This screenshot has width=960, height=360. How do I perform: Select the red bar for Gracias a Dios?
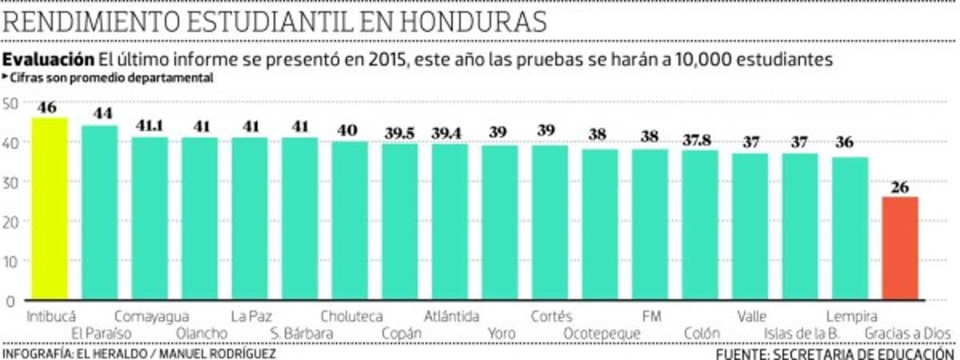tap(900, 249)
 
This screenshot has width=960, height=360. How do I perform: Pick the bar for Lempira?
tap(850, 229)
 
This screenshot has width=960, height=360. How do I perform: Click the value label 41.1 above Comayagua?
tap(150, 126)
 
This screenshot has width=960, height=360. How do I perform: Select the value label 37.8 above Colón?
tap(700, 140)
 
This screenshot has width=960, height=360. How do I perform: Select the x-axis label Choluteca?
tap(351, 316)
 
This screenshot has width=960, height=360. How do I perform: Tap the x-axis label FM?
tap(651, 316)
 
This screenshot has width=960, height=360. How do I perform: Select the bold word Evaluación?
tap(48, 60)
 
